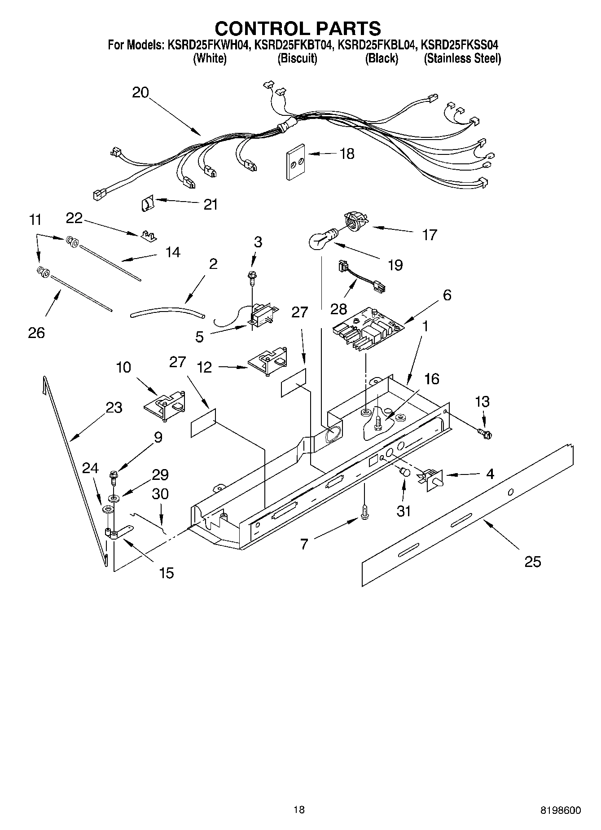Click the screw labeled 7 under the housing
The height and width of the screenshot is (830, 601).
(x=364, y=511)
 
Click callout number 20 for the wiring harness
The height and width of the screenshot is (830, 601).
(x=140, y=92)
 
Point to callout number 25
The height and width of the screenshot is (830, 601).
(x=533, y=561)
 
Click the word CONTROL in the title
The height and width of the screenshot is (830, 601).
(x=256, y=28)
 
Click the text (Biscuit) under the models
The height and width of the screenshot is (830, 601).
(x=297, y=58)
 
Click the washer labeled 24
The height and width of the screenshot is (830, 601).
(x=107, y=509)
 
